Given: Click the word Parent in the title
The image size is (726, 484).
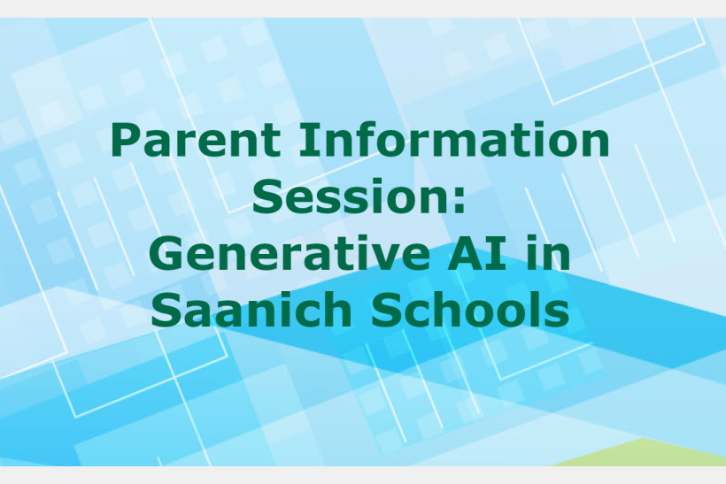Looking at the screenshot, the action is pyautogui.click(x=196, y=139).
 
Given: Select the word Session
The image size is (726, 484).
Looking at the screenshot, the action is pyautogui.click(x=351, y=196).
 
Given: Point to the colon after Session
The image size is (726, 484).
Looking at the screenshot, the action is pyautogui.click(x=460, y=201).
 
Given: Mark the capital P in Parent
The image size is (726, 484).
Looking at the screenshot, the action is pyautogui.click(x=126, y=139).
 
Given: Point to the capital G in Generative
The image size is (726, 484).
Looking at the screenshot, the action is pyautogui.click(x=166, y=253).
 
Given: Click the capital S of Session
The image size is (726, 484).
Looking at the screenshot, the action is pyautogui.click(x=267, y=196).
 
